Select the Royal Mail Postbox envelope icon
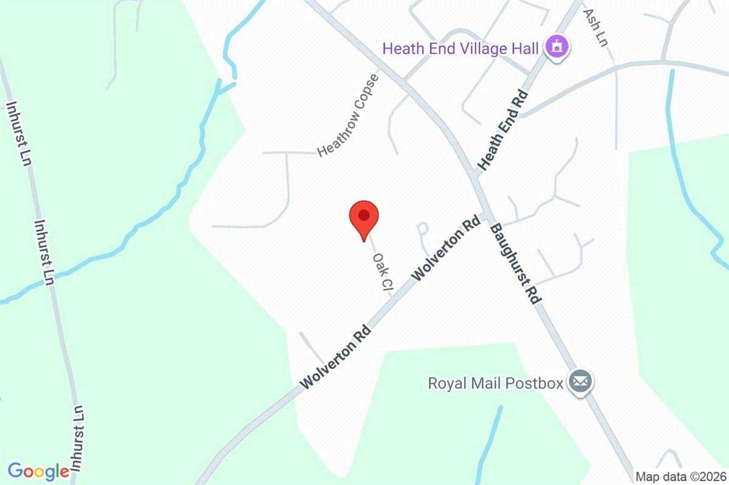click(580, 382)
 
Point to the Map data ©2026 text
click(680, 476)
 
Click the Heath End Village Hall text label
click(460, 47)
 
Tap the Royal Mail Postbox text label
click(495, 383)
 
